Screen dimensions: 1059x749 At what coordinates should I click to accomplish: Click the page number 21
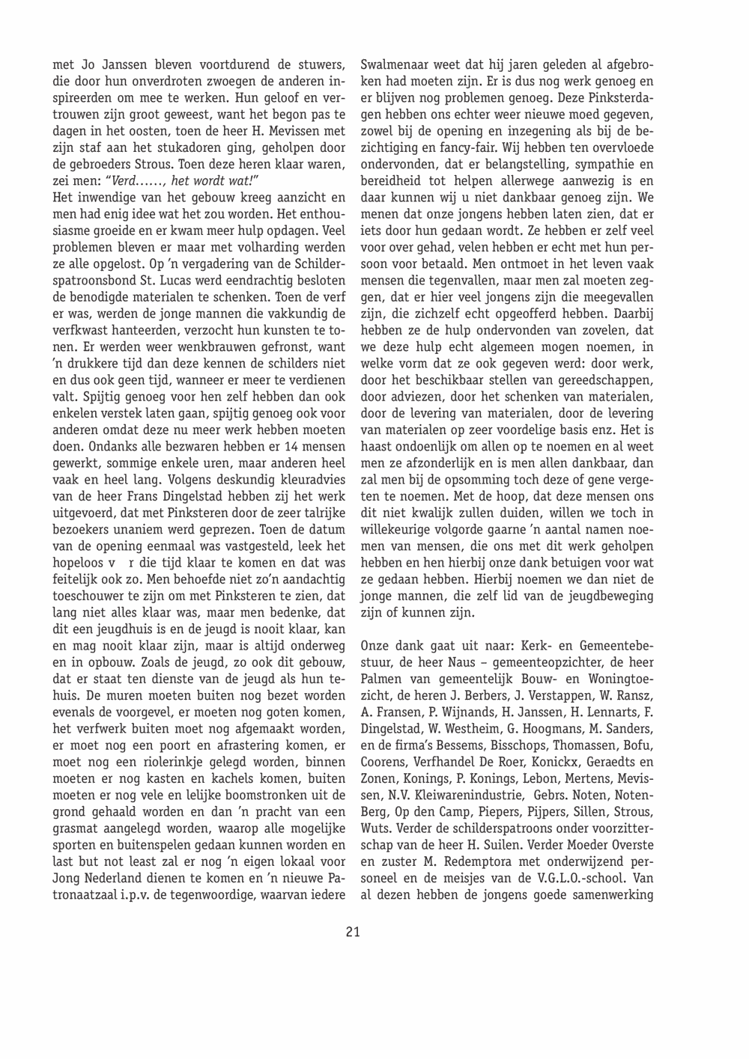(x=353, y=932)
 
